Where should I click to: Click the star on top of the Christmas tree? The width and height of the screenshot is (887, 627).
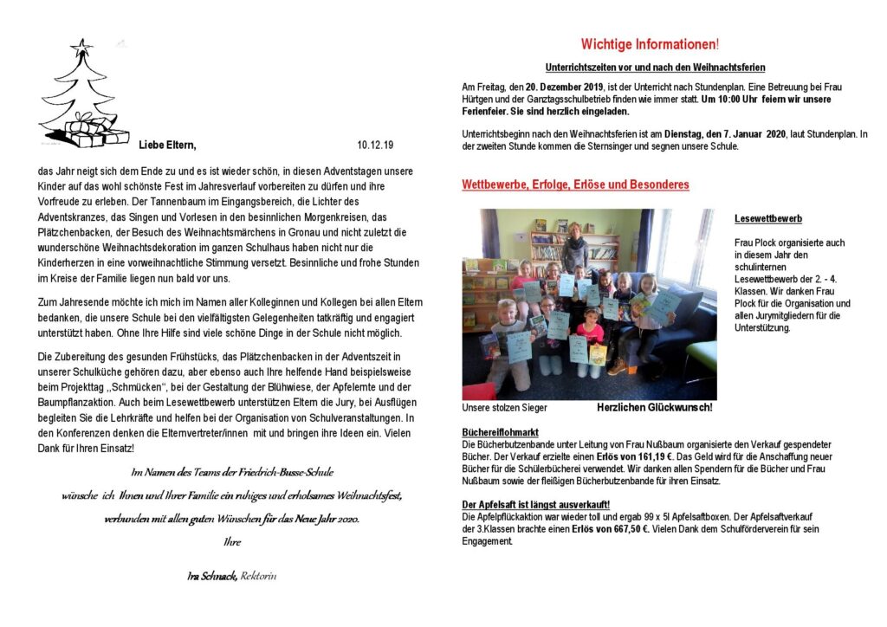(x=81, y=46)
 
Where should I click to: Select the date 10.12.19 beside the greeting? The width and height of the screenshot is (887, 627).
(x=374, y=145)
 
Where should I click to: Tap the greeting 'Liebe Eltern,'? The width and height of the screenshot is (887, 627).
(x=167, y=145)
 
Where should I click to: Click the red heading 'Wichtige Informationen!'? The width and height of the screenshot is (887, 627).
(x=650, y=44)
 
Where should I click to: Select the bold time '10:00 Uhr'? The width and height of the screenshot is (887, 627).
(x=728, y=100)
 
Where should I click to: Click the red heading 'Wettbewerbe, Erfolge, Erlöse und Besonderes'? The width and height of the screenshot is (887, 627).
(x=575, y=185)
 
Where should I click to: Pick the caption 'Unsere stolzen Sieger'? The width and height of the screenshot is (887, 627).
(x=504, y=407)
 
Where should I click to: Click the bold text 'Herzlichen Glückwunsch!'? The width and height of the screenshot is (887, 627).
(x=654, y=407)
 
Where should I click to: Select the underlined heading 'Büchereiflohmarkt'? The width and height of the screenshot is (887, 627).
(x=501, y=432)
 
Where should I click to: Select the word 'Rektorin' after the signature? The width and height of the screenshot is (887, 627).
(x=260, y=576)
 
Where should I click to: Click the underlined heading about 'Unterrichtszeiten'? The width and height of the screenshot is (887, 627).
(x=655, y=68)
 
